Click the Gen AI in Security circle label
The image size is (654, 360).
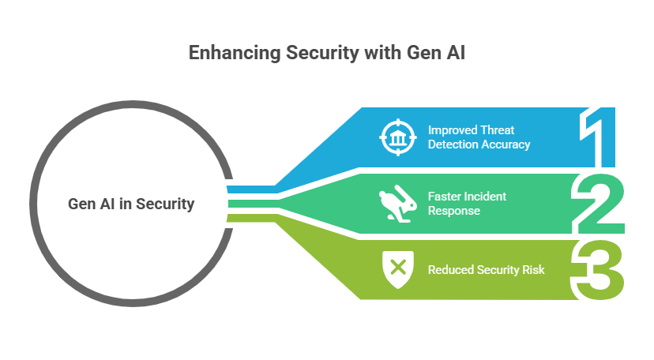(x=131, y=204)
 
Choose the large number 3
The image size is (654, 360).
(x=601, y=270)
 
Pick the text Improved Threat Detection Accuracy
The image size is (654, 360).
(x=479, y=137)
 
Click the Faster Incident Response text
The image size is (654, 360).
(x=467, y=203)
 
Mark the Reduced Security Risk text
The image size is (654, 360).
(x=486, y=270)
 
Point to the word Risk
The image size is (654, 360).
(x=532, y=270)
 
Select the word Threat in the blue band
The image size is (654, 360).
(x=498, y=129)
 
